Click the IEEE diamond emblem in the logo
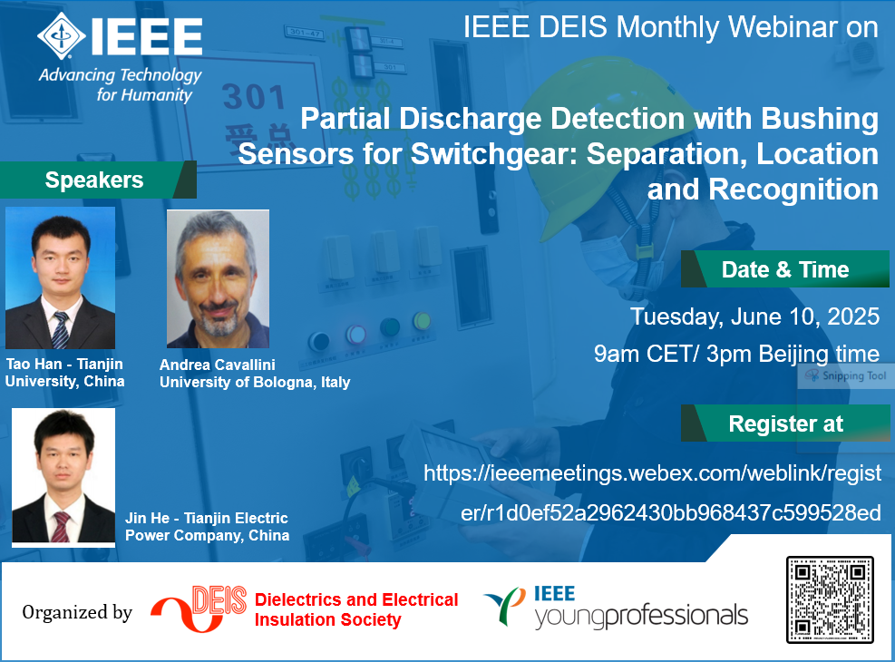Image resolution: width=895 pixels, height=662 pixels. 61,36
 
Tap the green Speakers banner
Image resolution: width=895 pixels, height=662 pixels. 98,180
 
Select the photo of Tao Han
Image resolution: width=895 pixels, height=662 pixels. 60,277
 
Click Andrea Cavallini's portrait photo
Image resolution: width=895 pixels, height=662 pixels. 218,278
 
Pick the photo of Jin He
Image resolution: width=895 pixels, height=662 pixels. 63,477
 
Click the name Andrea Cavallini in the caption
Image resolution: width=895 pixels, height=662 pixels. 218,365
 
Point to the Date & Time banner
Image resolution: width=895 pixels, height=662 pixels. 785,268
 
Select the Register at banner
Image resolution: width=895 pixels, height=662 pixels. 785,423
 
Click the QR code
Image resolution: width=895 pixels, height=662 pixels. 830,599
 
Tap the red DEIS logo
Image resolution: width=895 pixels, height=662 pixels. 199,608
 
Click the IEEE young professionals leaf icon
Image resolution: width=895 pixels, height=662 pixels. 505,606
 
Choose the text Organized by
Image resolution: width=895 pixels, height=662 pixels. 77,612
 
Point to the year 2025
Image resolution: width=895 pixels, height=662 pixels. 853,316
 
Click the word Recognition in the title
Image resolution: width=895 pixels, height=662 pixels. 793,189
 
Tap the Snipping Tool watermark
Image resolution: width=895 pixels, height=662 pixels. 846,375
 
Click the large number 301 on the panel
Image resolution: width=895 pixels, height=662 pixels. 253,96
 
